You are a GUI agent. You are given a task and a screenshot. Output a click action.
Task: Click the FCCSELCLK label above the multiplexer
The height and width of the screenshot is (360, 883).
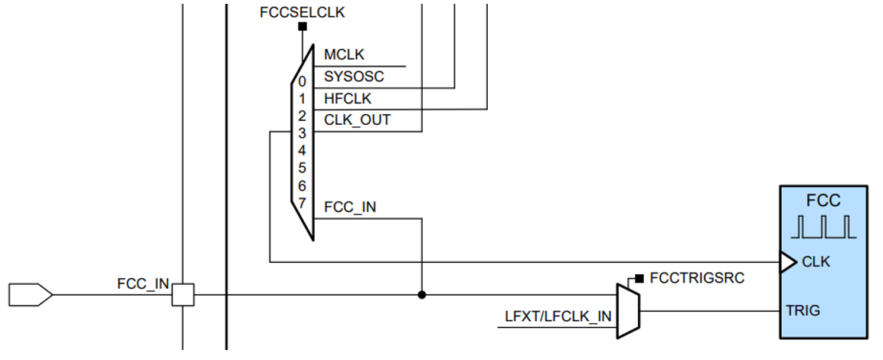tap(303, 13)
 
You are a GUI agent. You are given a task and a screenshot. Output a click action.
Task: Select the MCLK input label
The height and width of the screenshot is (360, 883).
tap(344, 55)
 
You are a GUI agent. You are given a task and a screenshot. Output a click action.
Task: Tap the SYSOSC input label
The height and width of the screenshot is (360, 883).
tap(354, 77)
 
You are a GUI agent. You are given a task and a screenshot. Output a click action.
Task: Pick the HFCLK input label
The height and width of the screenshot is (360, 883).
tap(348, 98)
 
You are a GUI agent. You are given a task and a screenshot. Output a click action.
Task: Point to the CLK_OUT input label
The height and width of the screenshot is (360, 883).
tap(357, 119)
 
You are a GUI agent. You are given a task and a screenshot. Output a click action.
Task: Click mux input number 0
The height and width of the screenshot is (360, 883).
tap(303, 81)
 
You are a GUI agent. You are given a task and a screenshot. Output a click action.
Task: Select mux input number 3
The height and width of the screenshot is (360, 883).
tap(303, 133)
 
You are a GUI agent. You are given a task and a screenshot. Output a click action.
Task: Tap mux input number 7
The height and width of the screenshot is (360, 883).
tap(303, 204)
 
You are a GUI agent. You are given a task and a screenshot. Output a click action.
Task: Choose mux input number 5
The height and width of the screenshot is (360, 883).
tap(303, 168)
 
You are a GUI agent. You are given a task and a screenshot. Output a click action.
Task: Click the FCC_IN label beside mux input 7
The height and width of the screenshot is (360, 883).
tap(350, 207)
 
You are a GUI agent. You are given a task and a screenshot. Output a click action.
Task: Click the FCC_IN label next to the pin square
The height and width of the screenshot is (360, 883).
tap(142, 283)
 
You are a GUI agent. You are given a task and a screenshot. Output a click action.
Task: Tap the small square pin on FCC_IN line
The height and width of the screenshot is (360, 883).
tap(182, 294)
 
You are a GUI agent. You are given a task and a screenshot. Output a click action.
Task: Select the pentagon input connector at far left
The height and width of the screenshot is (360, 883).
tap(30, 294)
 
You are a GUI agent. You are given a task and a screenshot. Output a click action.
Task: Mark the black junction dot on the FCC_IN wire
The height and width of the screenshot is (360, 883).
tap(421, 294)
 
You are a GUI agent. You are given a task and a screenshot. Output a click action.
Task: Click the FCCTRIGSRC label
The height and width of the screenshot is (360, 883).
tap(696, 277)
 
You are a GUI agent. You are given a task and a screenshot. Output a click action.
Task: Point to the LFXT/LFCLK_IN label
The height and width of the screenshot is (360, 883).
tap(558, 316)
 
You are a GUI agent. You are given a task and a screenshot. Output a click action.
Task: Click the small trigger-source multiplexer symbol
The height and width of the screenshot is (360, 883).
tap(627, 310)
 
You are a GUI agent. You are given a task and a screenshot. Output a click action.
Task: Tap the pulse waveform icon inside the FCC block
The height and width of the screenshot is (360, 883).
tap(823, 227)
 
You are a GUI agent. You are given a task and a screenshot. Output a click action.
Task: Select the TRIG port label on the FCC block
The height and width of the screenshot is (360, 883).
tap(803, 310)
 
